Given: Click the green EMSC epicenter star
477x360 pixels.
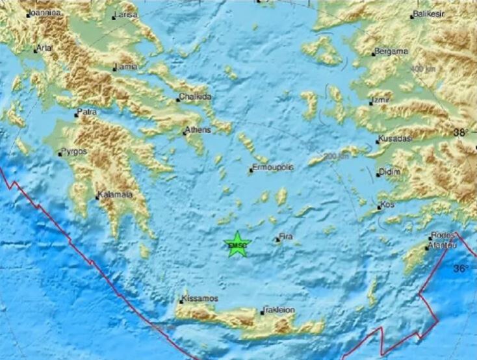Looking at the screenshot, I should (x=237, y=244).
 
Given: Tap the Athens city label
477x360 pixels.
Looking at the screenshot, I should (x=199, y=131).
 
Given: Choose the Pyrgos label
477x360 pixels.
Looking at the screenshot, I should (x=73, y=152).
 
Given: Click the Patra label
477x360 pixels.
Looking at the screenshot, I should (x=87, y=112).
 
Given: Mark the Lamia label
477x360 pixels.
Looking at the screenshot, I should (x=126, y=67).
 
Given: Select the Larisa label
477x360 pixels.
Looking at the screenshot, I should (x=125, y=14).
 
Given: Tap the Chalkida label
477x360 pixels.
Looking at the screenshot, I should (x=196, y=97).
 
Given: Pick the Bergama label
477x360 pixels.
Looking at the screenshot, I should (x=392, y=51).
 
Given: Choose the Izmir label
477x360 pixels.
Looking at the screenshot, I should (x=381, y=101).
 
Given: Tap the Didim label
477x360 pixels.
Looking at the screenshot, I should (x=389, y=172).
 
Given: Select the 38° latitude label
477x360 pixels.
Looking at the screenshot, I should (x=461, y=133).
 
